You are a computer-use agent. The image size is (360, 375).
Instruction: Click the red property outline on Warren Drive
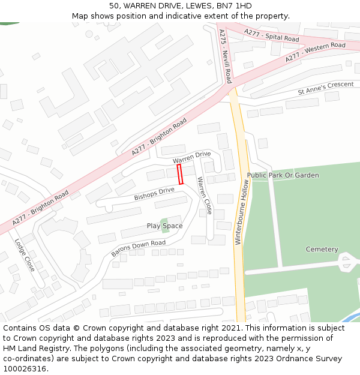tap(180, 175)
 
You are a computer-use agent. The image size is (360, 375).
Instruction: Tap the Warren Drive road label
tap(192, 158)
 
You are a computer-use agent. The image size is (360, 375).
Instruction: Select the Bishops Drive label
tap(154, 194)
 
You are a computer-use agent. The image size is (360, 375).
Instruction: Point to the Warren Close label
tap(205, 196)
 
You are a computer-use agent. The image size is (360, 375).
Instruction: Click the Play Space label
tap(164, 226)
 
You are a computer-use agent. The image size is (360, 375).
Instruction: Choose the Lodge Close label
tap(25, 255)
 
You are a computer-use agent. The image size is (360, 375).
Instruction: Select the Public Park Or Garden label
tap(283, 175)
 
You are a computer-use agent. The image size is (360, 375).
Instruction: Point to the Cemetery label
tap(322, 250)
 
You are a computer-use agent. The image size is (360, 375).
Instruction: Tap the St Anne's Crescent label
tap(326, 88)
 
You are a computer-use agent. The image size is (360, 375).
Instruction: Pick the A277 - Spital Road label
tap(271, 35)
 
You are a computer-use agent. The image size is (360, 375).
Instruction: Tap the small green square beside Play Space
tap(165, 221)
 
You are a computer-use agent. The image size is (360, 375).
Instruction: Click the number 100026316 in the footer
tap(25, 368)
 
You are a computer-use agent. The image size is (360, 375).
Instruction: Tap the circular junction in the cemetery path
tap(347, 262)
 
